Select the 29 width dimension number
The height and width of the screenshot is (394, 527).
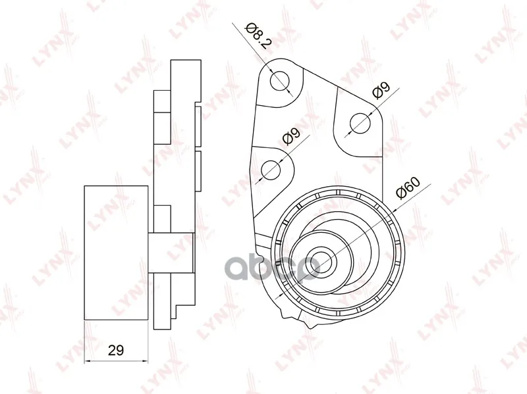116,351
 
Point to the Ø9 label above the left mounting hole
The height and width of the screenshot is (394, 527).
291,136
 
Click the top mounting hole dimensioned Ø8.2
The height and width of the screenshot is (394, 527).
279,81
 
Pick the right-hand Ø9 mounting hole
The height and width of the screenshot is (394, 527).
360,123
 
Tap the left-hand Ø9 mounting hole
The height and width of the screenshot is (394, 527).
271,170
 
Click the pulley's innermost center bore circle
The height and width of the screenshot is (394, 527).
323,262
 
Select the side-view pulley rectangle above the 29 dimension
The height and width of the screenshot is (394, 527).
116,253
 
